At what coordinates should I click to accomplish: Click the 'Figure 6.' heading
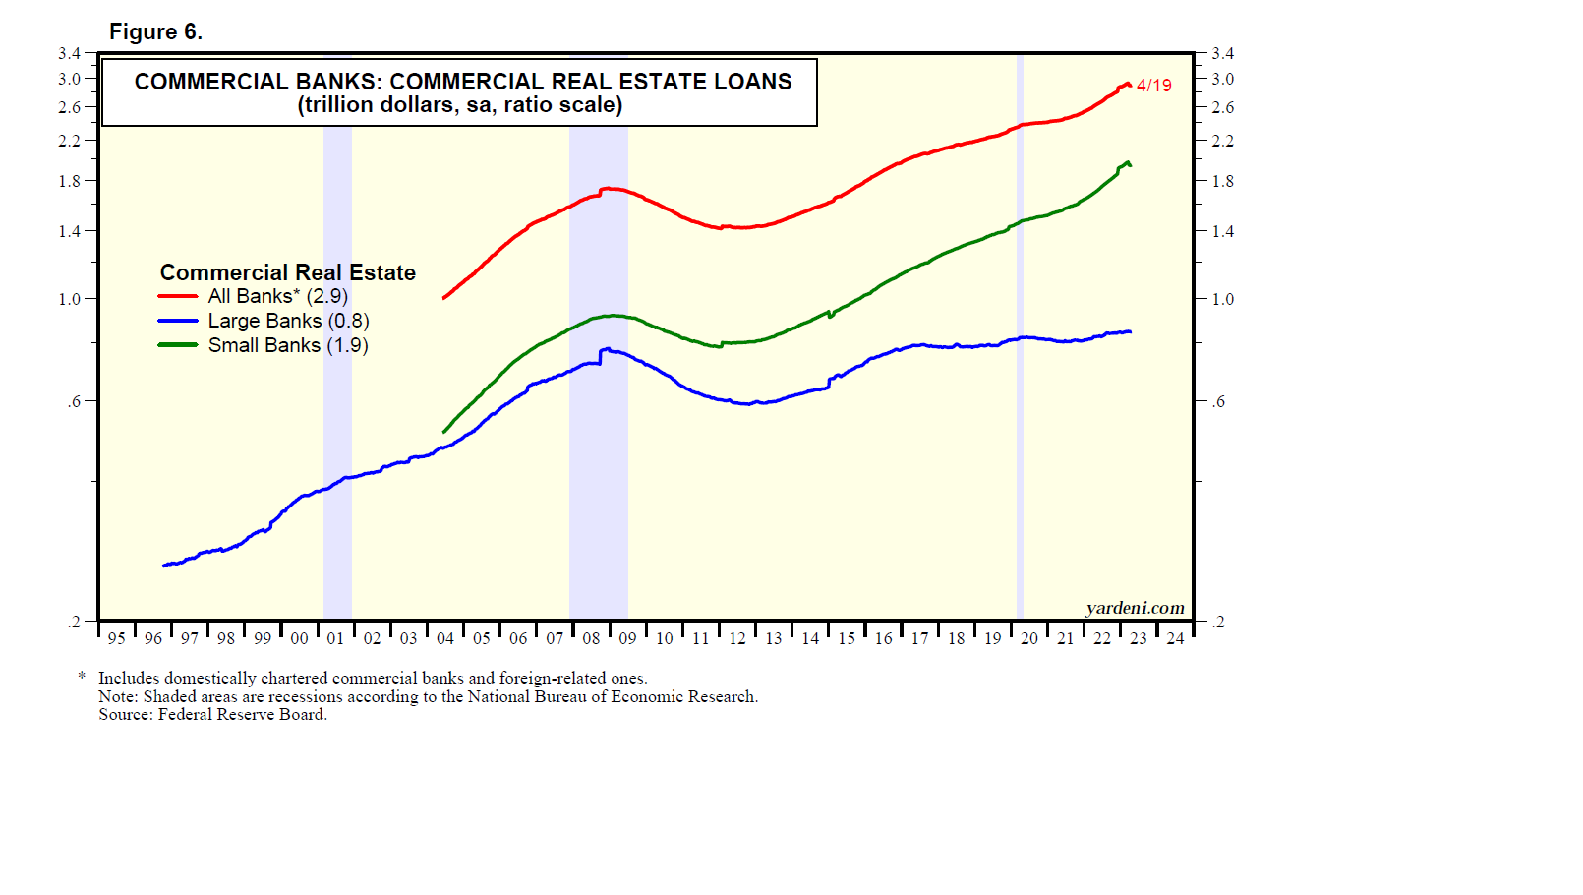click(x=155, y=31)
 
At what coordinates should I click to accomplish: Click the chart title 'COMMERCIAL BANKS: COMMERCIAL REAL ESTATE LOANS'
click(x=462, y=82)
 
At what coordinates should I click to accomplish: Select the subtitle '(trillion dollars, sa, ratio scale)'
click(x=460, y=105)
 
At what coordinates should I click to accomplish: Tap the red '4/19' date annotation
click(x=1153, y=86)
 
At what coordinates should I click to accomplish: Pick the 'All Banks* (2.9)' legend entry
click(x=277, y=296)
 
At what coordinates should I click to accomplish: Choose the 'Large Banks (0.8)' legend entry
click(x=288, y=321)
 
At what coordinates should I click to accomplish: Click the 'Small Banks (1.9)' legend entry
click(x=287, y=345)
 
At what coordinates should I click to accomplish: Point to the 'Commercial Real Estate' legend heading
click(x=287, y=272)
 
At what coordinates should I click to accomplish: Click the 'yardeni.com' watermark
click(x=1135, y=608)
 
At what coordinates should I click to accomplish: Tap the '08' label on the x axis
click(x=591, y=638)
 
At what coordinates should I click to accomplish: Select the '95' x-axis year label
click(x=116, y=638)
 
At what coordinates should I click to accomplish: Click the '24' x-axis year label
click(x=1175, y=638)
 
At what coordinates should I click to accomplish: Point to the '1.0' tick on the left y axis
click(x=69, y=299)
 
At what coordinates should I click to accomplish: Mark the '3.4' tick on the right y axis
click(x=1222, y=53)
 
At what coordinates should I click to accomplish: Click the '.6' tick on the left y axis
click(x=74, y=401)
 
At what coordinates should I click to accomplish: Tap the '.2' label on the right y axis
click(x=1219, y=622)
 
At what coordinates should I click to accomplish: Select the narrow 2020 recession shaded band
click(x=1020, y=393)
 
